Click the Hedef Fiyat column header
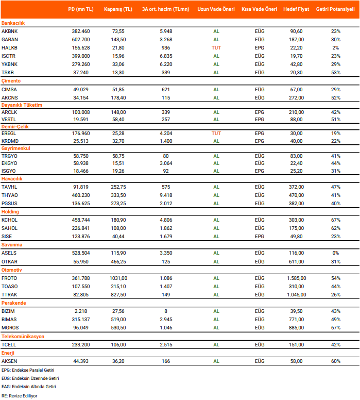coord(296,9)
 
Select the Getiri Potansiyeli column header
coord(335,9)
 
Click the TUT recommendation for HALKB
coord(216,47)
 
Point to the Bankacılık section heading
coord(13,23)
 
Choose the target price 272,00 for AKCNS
coord(296,97)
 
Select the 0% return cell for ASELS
coord(336,253)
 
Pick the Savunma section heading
coord(12,245)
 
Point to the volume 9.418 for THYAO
coord(166,195)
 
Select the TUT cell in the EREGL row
coord(216,133)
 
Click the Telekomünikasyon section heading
coord(23,336)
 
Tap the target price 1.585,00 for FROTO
coord(296,278)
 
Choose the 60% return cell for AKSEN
coord(336,361)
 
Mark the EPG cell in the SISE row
coord(260,237)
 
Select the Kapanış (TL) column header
coord(118,9)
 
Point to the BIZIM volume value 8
coord(166,311)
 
